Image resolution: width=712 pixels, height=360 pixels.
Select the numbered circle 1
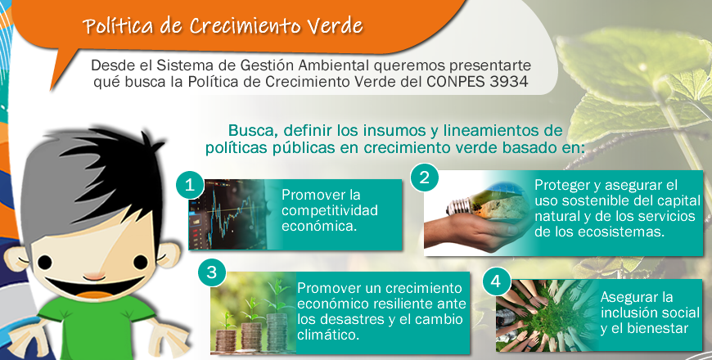pos(190,185)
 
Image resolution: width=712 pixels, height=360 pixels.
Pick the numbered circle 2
pos(425,177)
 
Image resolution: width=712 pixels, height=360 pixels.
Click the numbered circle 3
pos(212,272)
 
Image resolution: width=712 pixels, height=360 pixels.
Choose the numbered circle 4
pos(496,281)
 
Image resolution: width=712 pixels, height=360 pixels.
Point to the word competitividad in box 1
pos(330,211)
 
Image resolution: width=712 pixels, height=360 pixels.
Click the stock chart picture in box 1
pos(227,214)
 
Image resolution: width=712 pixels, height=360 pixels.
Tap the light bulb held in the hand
pos(489,204)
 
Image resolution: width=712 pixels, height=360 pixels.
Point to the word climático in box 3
pos(328,335)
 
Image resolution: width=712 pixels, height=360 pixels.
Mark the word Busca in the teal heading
pos(252,130)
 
